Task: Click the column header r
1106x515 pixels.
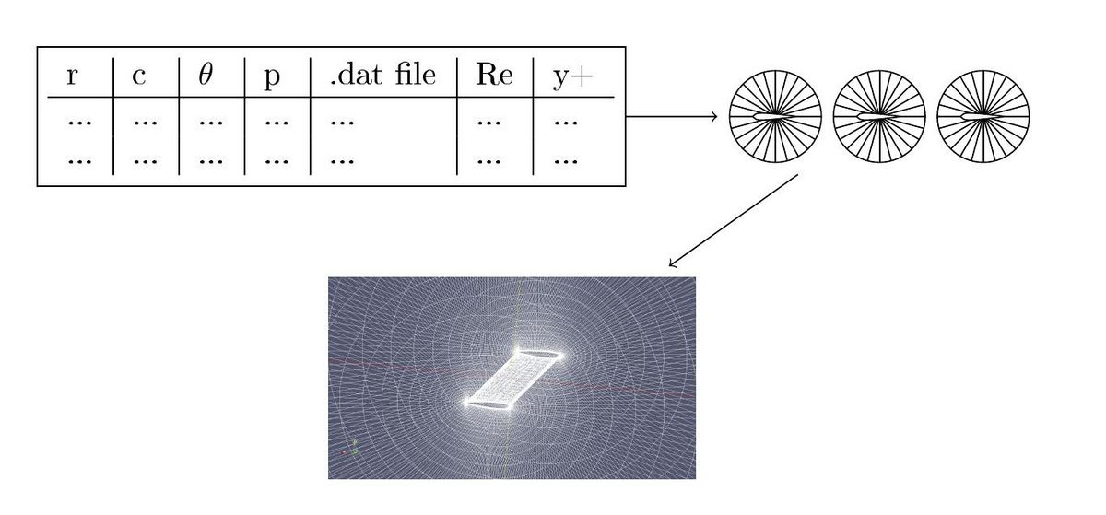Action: tap(72, 76)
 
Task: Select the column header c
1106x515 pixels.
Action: tap(139, 76)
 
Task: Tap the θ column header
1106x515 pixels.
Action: tap(206, 75)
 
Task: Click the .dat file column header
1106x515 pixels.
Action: tap(383, 75)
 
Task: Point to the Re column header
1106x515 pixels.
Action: tap(494, 75)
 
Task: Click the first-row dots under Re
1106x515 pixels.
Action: tap(489, 122)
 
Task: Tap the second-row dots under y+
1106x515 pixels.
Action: tap(566, 161)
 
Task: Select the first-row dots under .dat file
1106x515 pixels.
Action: tap(342, 122)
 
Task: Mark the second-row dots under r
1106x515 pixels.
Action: tap(79, 161)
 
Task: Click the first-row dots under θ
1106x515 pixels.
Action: tap(211, 122)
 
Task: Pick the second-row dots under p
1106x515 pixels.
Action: tap(276, 161)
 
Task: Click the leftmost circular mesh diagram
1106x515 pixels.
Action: tap(776, 116)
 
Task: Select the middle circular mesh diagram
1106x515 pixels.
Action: tap(879, 116)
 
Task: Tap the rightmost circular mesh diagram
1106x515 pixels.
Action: tap(983, 116)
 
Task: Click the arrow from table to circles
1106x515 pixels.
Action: tap(672, 116)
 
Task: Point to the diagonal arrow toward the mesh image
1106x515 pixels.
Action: tap(734, 220)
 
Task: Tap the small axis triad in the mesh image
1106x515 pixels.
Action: tap(350, 449)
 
